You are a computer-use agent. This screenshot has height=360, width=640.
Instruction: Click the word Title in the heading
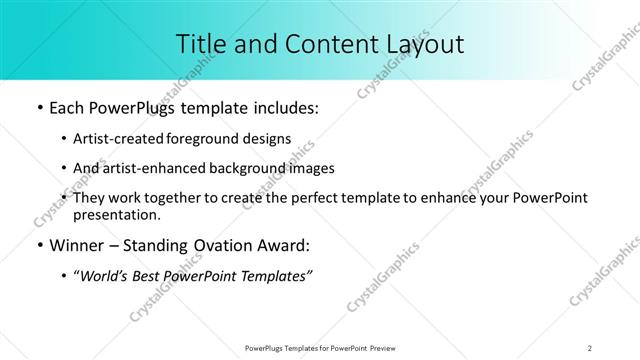coord(200,44)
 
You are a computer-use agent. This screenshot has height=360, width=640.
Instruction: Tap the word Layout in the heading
coord(421,44)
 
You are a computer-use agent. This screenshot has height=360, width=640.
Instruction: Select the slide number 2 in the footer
coord(590,347)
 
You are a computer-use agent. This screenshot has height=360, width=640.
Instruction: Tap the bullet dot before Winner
coord(37,246)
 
